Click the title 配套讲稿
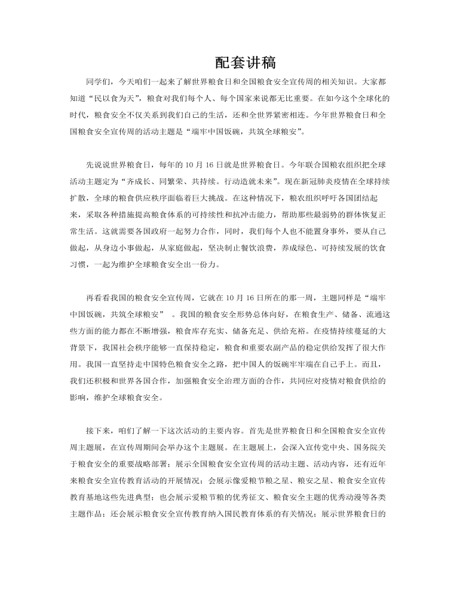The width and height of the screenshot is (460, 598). point(244,63)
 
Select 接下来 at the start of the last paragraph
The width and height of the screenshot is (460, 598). point(99,430)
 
